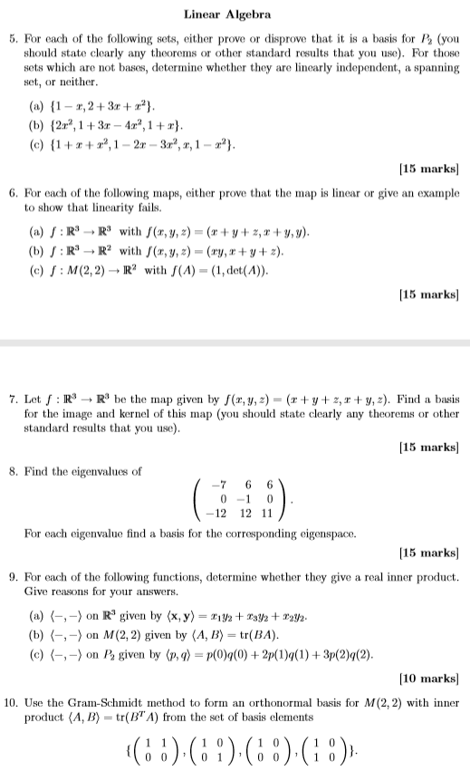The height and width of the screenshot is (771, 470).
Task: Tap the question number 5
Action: [11, 41]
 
